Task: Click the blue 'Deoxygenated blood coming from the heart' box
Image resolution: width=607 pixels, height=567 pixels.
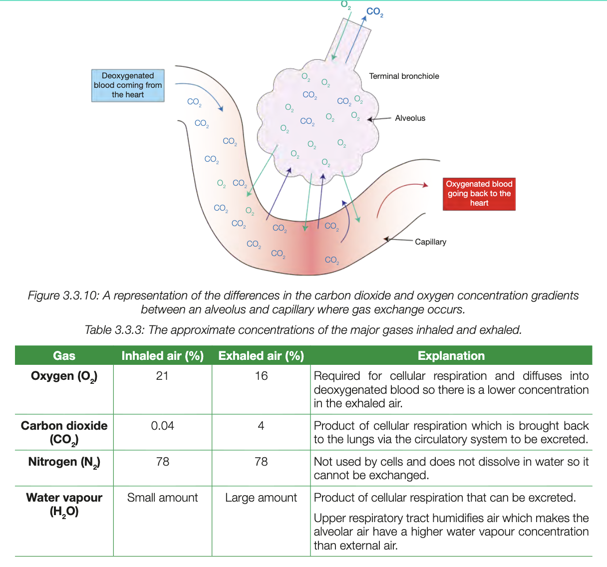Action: [x=128, y=85]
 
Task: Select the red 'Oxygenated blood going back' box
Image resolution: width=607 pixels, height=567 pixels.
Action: [x=479, y=194]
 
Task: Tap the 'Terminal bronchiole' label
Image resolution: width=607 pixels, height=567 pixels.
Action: [x=404, y=76]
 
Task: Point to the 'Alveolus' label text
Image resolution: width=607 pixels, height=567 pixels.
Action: [x=410, y=118]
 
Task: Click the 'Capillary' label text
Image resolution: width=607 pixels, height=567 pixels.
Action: [x=430, y=242]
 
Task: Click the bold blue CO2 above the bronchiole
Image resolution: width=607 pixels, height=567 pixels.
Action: [x=374, y=12]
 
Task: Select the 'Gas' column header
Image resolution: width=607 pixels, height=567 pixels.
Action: [x=64, y=356]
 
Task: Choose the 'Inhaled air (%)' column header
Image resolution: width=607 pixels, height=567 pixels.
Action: [x=162, y=356]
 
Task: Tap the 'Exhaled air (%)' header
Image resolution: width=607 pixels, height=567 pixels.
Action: [x=261, y=356]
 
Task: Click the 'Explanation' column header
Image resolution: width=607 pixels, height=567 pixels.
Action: [x=451, y=356]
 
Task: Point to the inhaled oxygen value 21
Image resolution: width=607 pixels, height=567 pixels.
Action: [x=162, y=376]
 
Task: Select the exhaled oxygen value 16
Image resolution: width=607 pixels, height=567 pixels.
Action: [x=261, y=376]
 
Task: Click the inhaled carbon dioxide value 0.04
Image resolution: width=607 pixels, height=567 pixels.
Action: [x=162, y=426]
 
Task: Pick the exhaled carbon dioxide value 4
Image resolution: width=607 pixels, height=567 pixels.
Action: [x=261, y=426]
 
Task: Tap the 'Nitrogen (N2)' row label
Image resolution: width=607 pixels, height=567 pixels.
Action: [x=64, y=462]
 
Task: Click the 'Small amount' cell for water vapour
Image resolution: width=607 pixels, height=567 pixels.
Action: [x=162, y=498]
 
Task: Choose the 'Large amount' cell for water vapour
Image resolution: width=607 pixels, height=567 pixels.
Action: [x=261, y=498]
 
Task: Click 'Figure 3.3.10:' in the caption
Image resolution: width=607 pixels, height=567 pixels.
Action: [x=63, y=296]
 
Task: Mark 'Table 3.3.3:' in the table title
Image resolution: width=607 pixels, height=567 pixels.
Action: [x=114, y=330]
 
